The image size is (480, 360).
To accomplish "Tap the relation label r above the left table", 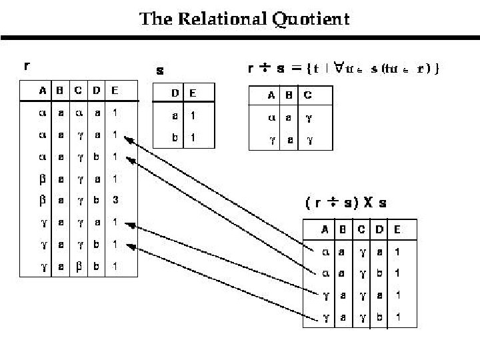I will click(x=26, y=66).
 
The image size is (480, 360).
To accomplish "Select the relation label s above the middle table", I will click(x=160, y=70).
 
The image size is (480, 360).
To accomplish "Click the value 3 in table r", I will click(x=115, y=200).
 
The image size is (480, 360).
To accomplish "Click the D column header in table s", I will click(x=175, y=93).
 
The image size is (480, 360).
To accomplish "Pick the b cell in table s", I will click(x=175, y=138).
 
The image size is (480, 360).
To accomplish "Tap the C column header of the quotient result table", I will click(x=308, y=95).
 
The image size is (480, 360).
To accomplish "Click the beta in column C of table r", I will click(x=79, y=266).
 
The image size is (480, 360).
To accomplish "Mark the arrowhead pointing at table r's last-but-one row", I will click(x=130, y=246).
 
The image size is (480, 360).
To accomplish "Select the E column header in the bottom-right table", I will click(x=397, y=230).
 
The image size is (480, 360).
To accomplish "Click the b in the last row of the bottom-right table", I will click(x=379, y=317).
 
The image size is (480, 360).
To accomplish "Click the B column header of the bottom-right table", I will click(x=343, y=230).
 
